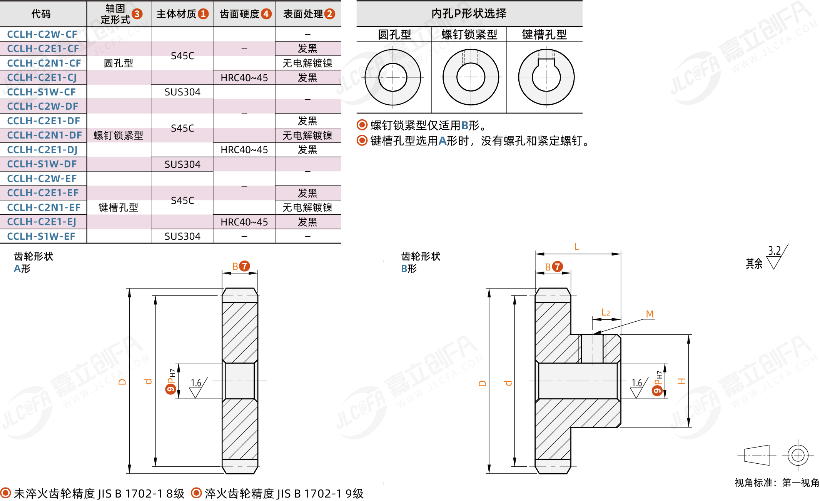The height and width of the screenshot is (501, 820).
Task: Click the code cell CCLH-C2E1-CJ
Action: pos(42,78)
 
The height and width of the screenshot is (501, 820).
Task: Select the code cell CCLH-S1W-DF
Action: pos(42,164)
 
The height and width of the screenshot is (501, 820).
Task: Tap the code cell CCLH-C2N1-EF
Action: pos(43,208)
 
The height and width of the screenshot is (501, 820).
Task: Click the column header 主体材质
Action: pos(177,14)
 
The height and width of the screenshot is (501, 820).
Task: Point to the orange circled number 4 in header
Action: pos(266,14)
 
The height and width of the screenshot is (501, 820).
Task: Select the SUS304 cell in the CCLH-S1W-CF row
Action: pos(182,92)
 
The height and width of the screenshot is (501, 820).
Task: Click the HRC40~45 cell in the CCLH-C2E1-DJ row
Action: pos(244,150)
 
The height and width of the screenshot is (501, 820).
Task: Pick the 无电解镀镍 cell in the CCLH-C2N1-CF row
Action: pos(307,63)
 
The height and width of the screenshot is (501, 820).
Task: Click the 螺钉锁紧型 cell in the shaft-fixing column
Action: pos(119,135)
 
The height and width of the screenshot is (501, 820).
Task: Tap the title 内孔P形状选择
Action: pos(469,14)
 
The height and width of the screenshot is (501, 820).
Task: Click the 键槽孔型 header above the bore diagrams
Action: pos(544,35)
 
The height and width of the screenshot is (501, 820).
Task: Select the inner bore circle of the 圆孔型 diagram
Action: pos(392,77)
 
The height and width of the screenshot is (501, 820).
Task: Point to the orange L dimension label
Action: pos(576,247)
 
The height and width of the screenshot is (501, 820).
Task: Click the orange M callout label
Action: pos(650,314)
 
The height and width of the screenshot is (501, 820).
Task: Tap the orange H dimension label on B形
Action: pos(681,381)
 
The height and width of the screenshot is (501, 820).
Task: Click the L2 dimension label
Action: pos(606,312)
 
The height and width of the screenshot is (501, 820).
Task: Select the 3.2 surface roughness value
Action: pos(774,251)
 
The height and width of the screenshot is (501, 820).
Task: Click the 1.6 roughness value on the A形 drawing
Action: pos(196,383)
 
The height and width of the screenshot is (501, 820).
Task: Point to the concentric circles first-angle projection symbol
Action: pos(798,455)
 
